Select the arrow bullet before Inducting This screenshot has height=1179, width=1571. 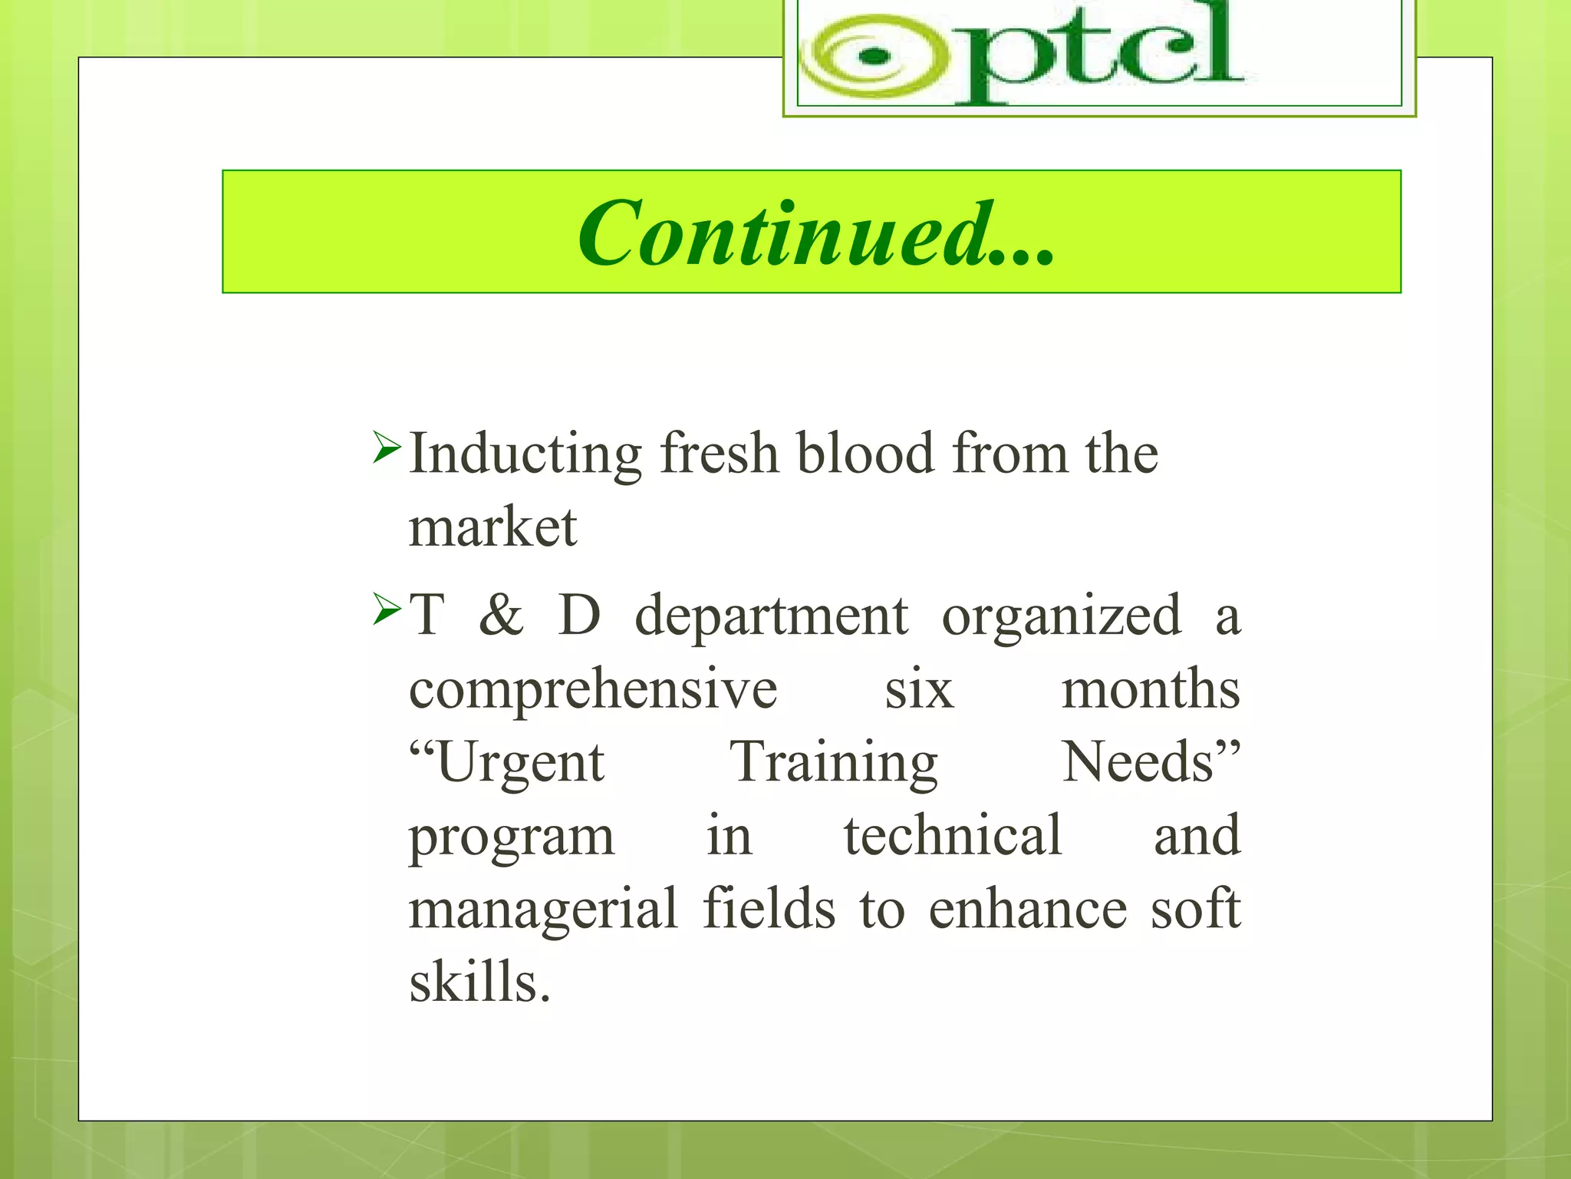coord(386,447)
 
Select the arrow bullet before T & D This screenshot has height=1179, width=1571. coord(386,609)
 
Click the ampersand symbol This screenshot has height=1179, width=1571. coord(501,615)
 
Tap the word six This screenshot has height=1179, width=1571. coord(919,690)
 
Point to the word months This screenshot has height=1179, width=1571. coord(1150,689)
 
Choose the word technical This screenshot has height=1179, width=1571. coord(953,835)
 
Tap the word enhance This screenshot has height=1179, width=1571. coord(1028,909)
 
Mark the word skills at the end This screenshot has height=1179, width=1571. coord(479,982)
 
